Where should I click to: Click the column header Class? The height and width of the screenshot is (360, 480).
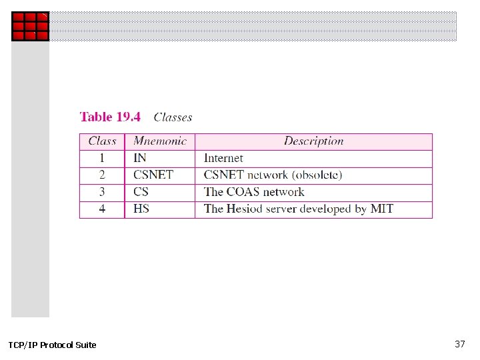tap(102, 141)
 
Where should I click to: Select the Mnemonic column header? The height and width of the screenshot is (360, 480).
tap(160, 141)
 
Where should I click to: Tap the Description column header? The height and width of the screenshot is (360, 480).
tap(313, 141)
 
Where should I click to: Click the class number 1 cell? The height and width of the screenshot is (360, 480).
tap(102, 159)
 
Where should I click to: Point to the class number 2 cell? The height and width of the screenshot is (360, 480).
tap(102, 175)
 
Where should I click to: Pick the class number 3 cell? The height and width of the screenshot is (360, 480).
tap(102, 192)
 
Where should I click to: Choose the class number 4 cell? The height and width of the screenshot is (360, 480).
tap(102, 209)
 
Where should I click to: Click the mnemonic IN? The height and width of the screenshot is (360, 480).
tap(140, 159)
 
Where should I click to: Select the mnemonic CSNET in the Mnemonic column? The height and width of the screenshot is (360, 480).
tap(153, 175)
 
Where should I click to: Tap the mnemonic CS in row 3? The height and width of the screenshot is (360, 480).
tap(141, 192)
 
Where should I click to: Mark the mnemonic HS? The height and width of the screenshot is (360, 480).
tap(141, 209)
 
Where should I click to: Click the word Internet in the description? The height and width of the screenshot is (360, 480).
tap(223, 159)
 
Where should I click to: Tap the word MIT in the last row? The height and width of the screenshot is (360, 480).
tap(381, 209)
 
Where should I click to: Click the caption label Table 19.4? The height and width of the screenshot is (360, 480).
tap(110, 117)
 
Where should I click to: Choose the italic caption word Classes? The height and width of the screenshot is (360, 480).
tap(173, 117)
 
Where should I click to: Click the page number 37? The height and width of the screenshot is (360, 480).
tap(459, 344)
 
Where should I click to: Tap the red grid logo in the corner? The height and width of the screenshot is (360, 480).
tap(30, 26)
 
